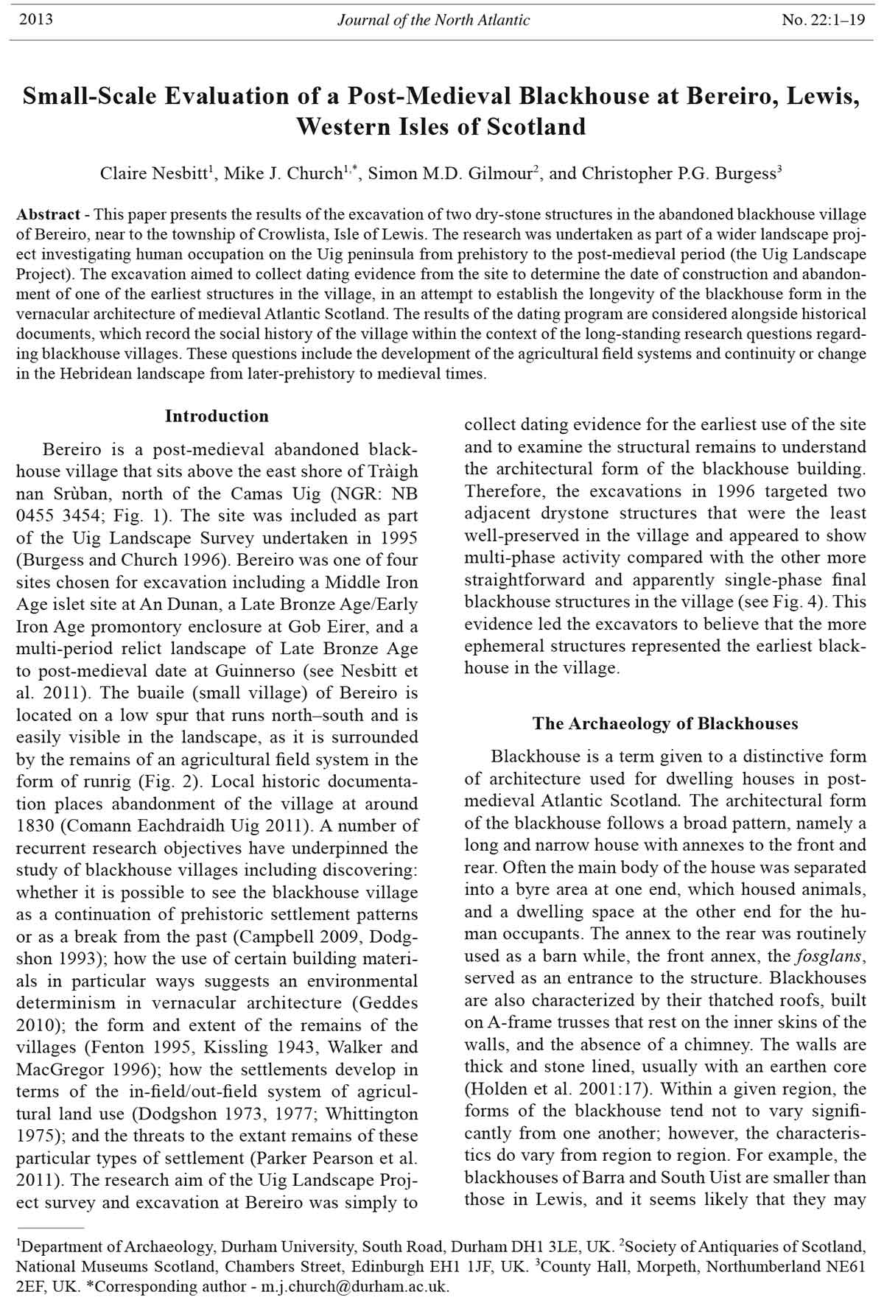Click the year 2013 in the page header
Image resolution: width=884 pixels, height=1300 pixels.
(x=35, y=20)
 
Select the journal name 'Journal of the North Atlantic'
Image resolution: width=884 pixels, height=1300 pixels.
(x=433, y=20)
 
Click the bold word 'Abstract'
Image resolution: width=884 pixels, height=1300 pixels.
(x=49, y=215)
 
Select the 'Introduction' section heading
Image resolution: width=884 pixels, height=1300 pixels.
(x=217, y=416)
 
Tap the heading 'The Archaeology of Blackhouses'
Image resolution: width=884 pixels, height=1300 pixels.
(x=665, y=723)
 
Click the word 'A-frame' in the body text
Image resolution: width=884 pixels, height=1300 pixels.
(x=513, y=1022)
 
